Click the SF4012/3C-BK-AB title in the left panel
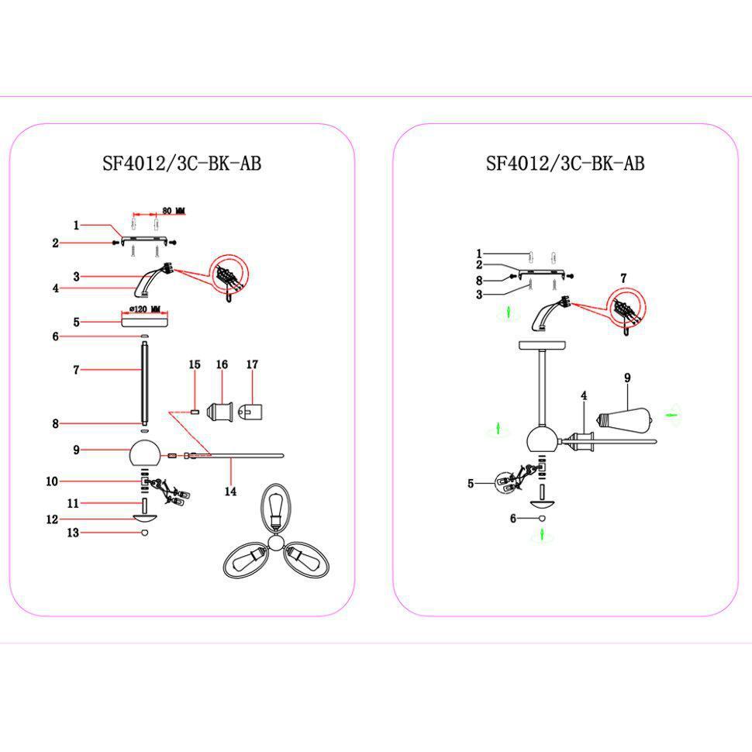pos(181,164)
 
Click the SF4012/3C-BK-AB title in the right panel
pos(565,164)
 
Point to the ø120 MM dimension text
pos(146,309)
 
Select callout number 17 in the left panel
pos(252,364)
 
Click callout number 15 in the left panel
pos(195,364)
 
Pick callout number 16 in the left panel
pos(222,364)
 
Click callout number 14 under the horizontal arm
pos(230,491)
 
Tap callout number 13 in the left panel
pos(74,533)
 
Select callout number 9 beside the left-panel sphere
pos(77,450)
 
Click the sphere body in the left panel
pos(144,452)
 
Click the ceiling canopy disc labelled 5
pos(144,322)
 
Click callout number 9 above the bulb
pos(627,378)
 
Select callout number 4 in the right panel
pos(584,395)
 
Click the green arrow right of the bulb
pos(671,416)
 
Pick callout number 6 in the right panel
pos(513,519)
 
